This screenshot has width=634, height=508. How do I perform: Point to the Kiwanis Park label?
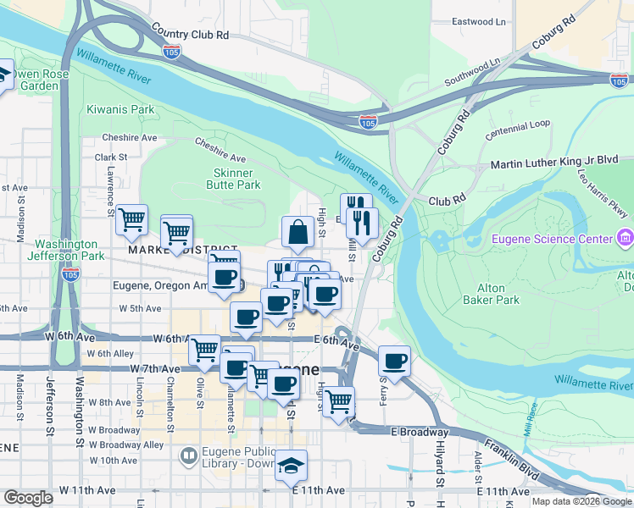(x=120, y=109)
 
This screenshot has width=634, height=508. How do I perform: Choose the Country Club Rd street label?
(x=191, y=35)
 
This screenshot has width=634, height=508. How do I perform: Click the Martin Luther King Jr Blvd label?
(x=561, y=159)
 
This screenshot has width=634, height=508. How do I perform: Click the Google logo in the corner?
(x=28, y=497)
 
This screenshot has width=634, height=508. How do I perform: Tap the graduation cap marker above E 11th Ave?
(x=291, y=466)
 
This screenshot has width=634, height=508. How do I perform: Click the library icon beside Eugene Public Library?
(x=188, y=456)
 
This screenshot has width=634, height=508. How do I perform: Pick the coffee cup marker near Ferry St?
(x=394, y=361)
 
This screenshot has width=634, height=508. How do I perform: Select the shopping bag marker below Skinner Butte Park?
(x=298, y=231)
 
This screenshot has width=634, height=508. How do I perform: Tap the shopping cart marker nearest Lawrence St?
(x=131, y=220)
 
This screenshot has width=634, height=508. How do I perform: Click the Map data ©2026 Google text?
(x=581, y=500)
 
